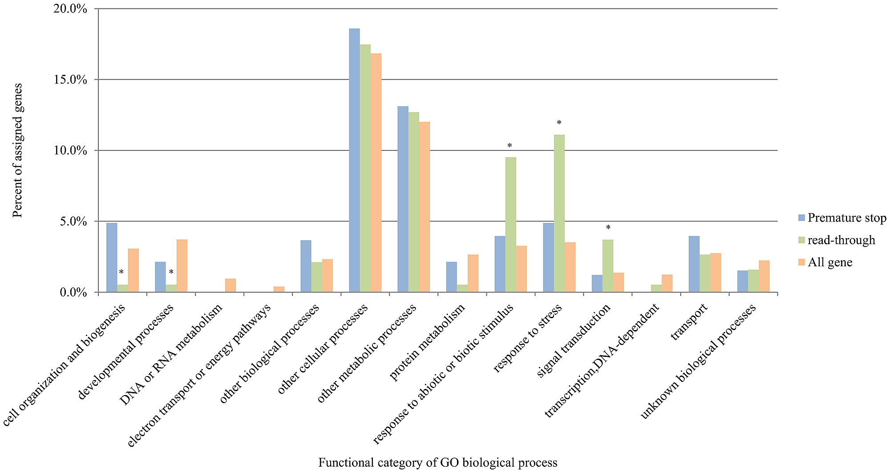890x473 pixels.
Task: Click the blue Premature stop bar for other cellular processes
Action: click(x=354, y=160)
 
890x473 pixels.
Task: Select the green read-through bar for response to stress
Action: click(x=559, y=214)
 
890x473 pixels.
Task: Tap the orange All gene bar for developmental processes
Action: click(x=182, y=266)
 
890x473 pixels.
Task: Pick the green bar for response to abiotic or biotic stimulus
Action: click(x=511, y=225)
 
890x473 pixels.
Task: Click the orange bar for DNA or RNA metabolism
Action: click(x=231, y=285)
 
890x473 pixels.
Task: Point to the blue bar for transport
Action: click(x=694, y=264)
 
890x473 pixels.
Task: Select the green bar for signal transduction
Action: click(x=608, y=266)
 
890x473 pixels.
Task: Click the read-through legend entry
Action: click(x=841, y=240)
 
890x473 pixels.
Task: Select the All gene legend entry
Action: click(x=830, y=263)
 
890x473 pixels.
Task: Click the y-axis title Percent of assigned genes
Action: click(x=17, y=150)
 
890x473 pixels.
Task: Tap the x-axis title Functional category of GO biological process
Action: click(x=437, y=463)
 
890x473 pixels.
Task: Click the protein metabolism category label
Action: click(x=428, y=343)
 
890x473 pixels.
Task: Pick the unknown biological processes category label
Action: click(x=698, y=362)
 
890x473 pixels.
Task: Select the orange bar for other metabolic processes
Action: click(x=425, y=207)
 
